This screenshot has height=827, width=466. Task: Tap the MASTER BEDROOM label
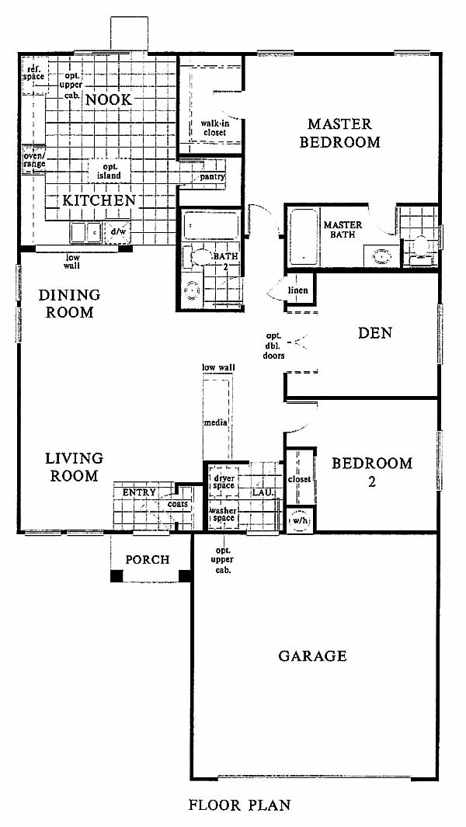pos(340,133)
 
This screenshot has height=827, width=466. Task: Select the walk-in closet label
pos(214,127)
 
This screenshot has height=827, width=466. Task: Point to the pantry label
pos(212,176)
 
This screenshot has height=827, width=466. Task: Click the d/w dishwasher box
pos(117,232)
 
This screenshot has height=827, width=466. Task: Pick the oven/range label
pos(34,160)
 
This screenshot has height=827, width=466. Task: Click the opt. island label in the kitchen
pos(108,171)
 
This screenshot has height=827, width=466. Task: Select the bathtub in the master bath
pos(304,236)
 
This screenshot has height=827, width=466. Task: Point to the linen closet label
pos(298,290)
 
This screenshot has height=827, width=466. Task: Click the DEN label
pos(375,333)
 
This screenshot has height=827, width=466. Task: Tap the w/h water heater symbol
pos(300,519)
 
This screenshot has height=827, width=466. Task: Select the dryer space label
pos(224,481)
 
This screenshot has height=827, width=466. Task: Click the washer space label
pos(224,514)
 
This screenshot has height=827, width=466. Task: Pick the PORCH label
pos(148,559)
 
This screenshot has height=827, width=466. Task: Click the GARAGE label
pos(312,655)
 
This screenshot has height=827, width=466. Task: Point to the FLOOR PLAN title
pos(239,804)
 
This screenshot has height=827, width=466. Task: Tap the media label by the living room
pos(216,422)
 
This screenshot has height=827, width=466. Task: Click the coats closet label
pos(178,504)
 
